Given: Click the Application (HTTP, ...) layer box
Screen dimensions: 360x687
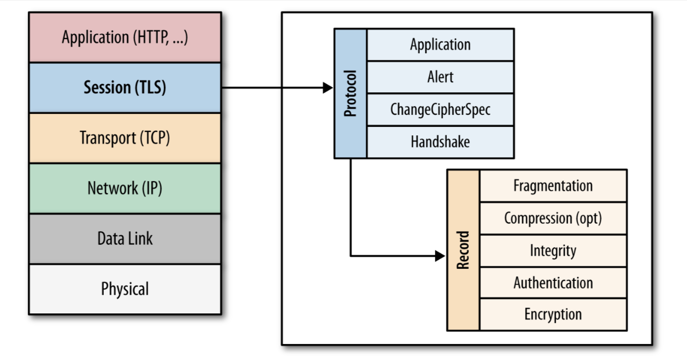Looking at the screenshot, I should click(x=125, y=38).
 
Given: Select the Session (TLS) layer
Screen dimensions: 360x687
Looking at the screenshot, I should click(x=125, y=88).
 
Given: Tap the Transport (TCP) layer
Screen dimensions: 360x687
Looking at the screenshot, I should click(x=125, y=138).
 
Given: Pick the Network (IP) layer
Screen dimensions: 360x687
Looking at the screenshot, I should click(x=125, y=189).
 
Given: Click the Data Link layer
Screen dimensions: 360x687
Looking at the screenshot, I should click(x=125, y=239).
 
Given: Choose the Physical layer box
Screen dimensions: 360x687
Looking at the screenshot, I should click(x=125, y=289).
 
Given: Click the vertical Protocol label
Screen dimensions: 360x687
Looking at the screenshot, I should click(x=351, y=93).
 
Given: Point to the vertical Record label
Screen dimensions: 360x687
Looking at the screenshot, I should click(x=463, y=250).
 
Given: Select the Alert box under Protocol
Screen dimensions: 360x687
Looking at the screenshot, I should click(x=440, y=77).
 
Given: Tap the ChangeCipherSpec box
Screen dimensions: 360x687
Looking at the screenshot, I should click(x=440, y=109).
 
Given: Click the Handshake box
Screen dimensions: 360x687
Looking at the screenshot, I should click(x=440, y=142).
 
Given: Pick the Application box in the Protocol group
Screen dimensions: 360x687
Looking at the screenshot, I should click(x=440, y=45).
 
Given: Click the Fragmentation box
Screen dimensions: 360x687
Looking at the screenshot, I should click(x=553, y=186).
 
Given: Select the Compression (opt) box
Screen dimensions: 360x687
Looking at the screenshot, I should click(x=553, y=218).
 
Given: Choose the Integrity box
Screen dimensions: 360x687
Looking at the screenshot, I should click(x=553, y=251).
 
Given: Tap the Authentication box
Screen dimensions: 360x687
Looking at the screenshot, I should click(x=553, y=283).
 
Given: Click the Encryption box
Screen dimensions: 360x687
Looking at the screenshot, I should click(x=553, y=314).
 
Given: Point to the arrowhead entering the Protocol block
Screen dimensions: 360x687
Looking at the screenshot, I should click(x=328, y=88).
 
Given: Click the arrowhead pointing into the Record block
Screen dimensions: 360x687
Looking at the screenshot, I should click(x=440, y=256).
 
